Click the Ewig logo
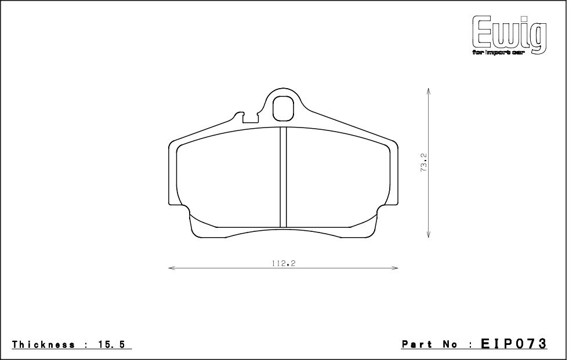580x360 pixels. coord(509,35)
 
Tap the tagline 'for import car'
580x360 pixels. coord(498,53)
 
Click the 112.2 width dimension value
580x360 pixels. coord(284,264)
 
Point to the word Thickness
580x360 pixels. coord(43,345)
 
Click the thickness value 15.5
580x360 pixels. coord(112,345)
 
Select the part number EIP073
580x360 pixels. coord(514,344)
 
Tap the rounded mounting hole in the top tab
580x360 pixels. coord(284,108)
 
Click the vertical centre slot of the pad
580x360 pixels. coord(284,177)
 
